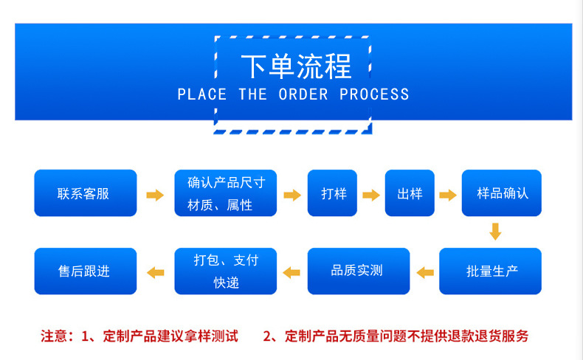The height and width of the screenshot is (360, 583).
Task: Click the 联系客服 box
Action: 86,193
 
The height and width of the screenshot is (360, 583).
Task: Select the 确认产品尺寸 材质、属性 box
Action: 225,193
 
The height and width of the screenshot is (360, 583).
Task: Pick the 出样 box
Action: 410,193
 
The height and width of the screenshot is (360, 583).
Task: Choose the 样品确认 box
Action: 502,193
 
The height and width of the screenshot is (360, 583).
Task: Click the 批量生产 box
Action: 491,271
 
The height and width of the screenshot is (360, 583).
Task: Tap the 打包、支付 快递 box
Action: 225,271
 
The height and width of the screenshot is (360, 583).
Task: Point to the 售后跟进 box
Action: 86,271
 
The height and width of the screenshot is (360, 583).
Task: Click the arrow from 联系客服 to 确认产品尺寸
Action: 155,195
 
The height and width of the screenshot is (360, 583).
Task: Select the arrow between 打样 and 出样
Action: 371,195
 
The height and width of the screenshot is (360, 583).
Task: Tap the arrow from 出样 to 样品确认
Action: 448,195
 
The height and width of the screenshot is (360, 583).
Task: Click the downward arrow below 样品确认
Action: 495,232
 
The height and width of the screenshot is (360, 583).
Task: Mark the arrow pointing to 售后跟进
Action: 155,272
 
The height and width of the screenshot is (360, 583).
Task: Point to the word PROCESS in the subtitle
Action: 374,94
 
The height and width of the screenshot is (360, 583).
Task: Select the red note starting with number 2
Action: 396,336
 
